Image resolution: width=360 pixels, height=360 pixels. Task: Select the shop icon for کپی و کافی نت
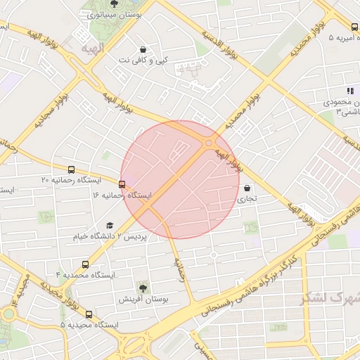click(144, 50)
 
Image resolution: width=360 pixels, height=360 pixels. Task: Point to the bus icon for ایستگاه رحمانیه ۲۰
click(71, 169)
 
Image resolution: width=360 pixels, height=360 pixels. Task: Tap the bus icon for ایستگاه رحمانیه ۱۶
click(122, 184)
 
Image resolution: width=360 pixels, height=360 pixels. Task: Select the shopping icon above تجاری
click(247, 188)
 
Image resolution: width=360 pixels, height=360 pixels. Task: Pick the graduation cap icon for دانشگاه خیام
click(109, 225)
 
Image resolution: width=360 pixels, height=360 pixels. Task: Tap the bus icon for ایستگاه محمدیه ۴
click(85, 265)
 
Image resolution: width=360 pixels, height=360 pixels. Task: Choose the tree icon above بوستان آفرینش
click(143, 288)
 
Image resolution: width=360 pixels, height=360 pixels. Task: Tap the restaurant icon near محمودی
click(349, 91)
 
